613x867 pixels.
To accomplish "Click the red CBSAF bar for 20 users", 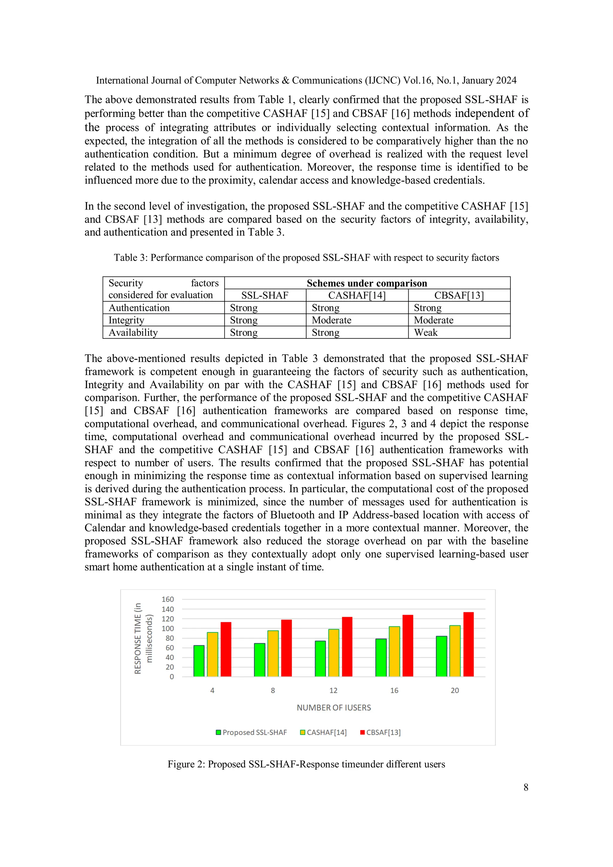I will pos(468,645).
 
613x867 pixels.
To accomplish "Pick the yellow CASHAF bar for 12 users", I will pos(333,653).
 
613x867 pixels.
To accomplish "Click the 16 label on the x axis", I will pos(394,691).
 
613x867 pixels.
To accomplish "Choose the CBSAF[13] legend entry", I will pos(380,733).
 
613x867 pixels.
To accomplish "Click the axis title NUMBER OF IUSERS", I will pos(333,708).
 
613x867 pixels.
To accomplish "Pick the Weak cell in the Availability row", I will pos(426,333).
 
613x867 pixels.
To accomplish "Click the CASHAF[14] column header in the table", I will pos(356,295).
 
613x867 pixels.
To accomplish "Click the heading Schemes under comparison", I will pos(367,283).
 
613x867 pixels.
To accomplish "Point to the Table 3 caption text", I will pos(306,258).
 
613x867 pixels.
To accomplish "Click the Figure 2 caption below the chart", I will pos(306,764).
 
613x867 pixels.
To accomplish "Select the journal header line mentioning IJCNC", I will pos(306,81).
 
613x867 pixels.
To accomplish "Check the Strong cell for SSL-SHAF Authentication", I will pos(244,308).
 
